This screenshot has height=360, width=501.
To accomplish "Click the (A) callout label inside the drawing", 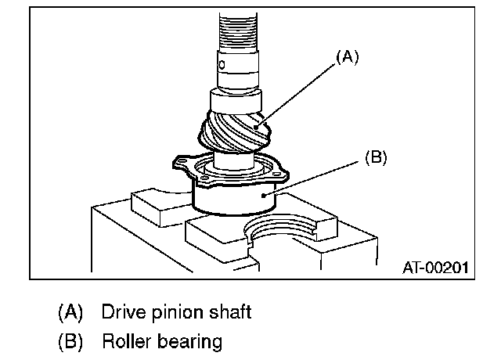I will pyautogui.click(x=348, y=57).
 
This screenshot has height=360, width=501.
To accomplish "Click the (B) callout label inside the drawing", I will pyautogui.click(x=377, y=157).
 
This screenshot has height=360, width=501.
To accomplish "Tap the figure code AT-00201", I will pyautogui.click(x=435, y=268).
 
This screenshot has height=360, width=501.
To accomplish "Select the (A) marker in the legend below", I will pyautogui.click(x=70, y=313).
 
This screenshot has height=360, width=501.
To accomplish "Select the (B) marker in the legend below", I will pyautogui.click(x=70, y=342).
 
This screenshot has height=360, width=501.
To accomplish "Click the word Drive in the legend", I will pyautogui.click(x=121, y=313).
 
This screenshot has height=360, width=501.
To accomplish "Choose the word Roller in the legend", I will pyautogui.click(x=126, y=342).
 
